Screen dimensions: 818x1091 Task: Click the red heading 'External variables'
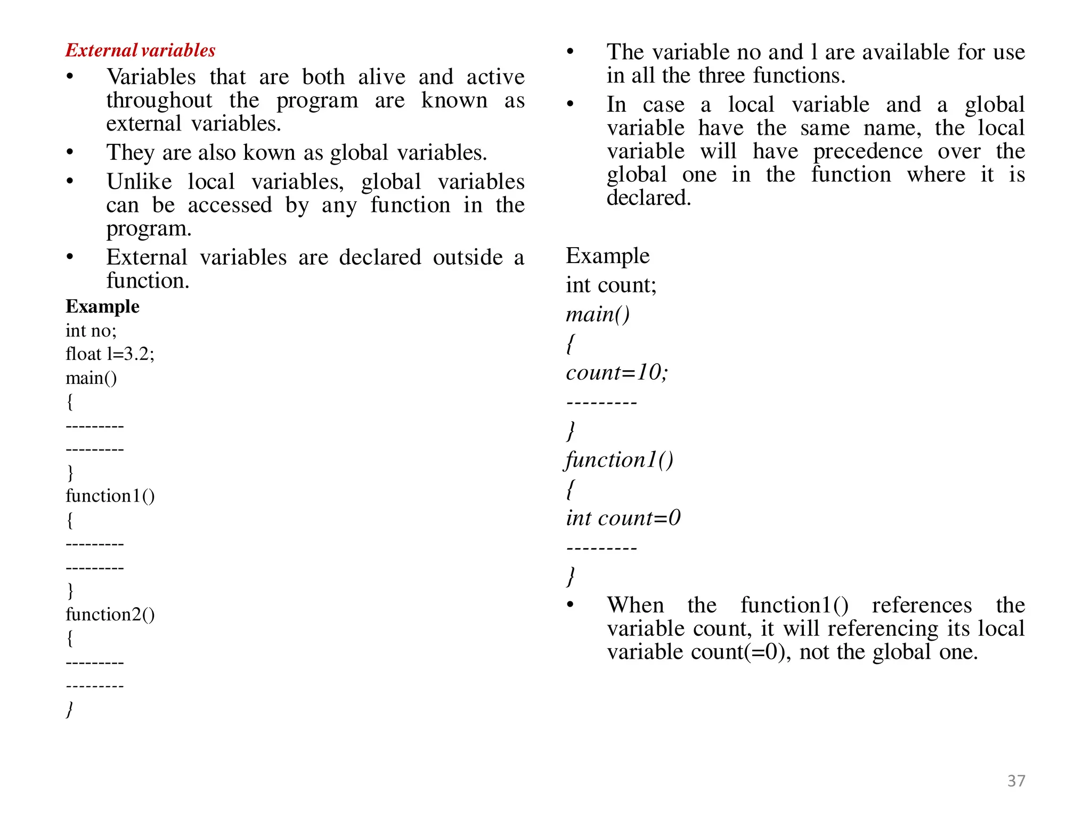point(140,50)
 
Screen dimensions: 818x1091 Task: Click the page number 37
point(1016,780)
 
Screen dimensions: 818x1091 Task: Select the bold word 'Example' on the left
point(102,307)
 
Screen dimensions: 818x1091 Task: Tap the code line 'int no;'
point(91,331)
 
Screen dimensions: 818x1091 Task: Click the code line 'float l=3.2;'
point(110,354)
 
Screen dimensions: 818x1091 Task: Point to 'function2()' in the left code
point(110,615)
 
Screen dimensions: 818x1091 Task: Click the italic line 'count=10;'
point(616,372)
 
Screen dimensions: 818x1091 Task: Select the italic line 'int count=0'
point(623,518)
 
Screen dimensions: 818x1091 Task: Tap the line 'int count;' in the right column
point(610,285)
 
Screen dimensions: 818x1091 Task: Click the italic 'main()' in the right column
point(597,314)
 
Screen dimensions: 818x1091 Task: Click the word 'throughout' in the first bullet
point(159,100)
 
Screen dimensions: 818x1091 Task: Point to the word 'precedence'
point(867,151)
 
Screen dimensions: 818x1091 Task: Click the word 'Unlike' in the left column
point(139,182)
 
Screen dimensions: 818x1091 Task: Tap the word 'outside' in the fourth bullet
point(467,257)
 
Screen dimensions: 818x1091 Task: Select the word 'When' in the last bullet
point(635,605)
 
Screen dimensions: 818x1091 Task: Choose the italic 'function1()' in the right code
point(619,460)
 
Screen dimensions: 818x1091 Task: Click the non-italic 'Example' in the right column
point(607,256)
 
